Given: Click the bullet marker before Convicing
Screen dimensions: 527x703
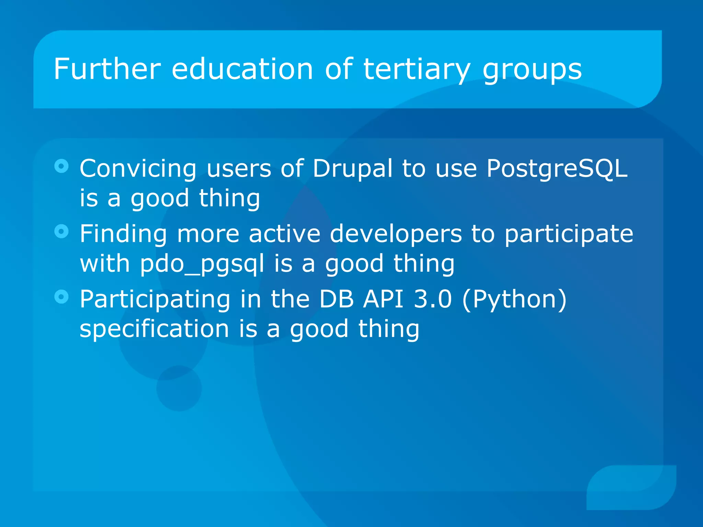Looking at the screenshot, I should pos(61,166).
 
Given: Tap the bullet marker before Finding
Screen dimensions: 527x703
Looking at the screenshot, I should pos(61,232).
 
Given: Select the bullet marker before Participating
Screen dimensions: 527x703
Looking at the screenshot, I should pos(61,297).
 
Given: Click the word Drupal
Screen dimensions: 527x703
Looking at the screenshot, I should pos(352,169).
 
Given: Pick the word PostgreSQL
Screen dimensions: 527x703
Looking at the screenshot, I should pos(557,169).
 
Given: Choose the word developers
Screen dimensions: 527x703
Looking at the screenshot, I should pos(396,234).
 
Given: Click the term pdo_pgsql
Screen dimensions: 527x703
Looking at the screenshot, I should pos(202,264).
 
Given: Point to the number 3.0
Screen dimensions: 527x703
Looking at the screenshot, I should pos(433,299).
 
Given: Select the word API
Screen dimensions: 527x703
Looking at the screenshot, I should pos(383,299).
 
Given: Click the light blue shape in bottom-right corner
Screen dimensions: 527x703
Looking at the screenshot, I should pos(632,487).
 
